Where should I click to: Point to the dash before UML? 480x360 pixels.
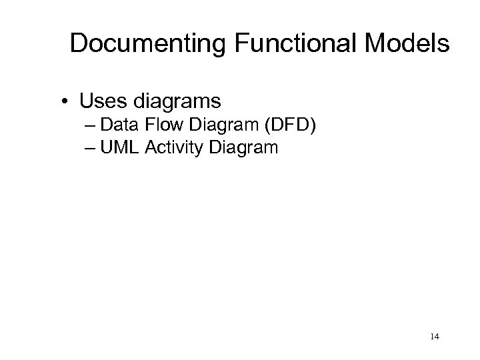click(91, 147)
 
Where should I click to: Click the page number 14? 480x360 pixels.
click(434, 338)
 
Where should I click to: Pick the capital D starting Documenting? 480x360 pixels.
click(79, 44)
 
